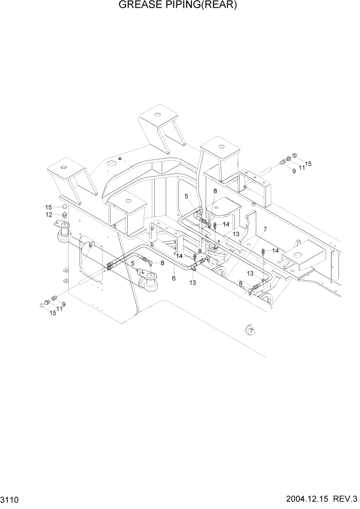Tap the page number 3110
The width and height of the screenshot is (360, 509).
click(x=12, y=498)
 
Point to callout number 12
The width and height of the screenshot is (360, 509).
click(x=49, y=214)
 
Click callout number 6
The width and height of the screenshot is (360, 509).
click(x=174, y=278)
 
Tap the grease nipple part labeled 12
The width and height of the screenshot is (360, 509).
click(x=65, y=214)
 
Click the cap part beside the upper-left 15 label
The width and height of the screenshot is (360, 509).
click(x=65, y=207)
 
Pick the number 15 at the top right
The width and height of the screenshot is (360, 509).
click(x=308, y=164)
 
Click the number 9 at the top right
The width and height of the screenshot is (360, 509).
click(x=294, y=171)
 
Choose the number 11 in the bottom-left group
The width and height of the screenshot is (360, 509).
click(x=59, y=308)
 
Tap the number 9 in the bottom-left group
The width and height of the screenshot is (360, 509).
click(x=64, y=305)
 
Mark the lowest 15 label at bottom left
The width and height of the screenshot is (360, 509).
click(x=53, y=312)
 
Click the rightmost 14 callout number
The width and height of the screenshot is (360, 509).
click(x=275, y=250)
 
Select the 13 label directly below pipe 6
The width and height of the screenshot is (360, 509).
click(x=193, y=282)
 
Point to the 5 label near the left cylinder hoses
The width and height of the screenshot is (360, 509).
click(x=132, y=263)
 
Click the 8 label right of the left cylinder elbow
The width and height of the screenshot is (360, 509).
click(x=162, y=263)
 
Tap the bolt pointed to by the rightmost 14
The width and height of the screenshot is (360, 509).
click(x=263, y=251)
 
